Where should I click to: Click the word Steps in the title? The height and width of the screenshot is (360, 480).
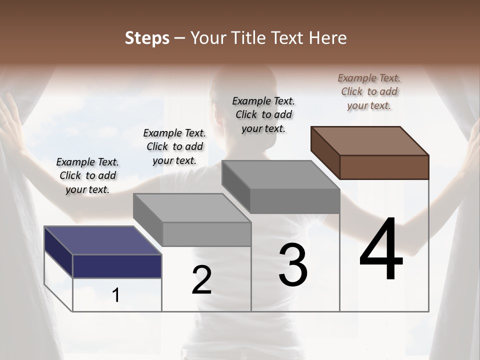point(147,38)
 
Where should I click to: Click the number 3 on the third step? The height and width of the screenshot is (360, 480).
point(293,265)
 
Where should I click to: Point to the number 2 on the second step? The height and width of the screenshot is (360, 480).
point(201,280)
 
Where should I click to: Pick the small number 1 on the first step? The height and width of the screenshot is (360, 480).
point(116,295)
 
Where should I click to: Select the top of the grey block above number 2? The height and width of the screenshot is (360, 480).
point(192,208)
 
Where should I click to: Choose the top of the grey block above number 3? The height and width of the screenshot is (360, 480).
point(280,175)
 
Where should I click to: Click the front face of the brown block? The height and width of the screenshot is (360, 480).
point(384,167)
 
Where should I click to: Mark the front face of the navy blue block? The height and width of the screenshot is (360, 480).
point(117,266)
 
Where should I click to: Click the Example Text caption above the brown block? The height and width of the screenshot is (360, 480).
point(369,91)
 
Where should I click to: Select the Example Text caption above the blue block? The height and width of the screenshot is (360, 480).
point(87,175)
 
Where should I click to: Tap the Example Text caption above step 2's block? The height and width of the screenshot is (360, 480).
point(174,146)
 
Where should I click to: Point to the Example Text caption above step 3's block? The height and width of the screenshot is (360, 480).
point(263,114)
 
